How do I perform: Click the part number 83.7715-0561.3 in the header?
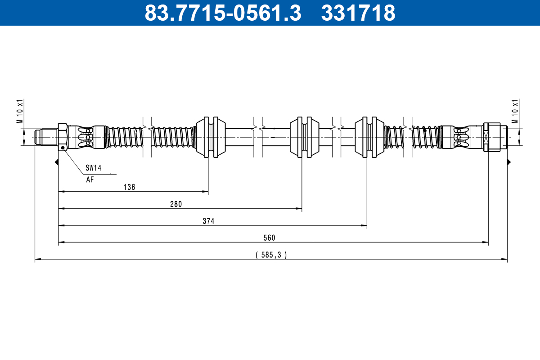(222, 13)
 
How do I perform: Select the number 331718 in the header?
(358, 13)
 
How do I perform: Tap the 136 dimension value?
(129, 187)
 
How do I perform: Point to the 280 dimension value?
(176, 204)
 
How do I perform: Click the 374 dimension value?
(208, 221)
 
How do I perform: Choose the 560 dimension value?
(270, 238)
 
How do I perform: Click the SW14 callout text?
(94, 168)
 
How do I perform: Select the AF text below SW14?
(90, 179)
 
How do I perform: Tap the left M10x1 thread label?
(19, 111)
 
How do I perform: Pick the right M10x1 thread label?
(516, 111)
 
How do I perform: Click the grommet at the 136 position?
(211, 137)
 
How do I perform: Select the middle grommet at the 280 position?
(304, 137)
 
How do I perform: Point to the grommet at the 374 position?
(369, 137)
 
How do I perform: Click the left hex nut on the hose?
(63, 136)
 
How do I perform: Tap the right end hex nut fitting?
(491, 137)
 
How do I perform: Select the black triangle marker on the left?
(57, 162)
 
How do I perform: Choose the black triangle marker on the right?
(509, 162)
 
